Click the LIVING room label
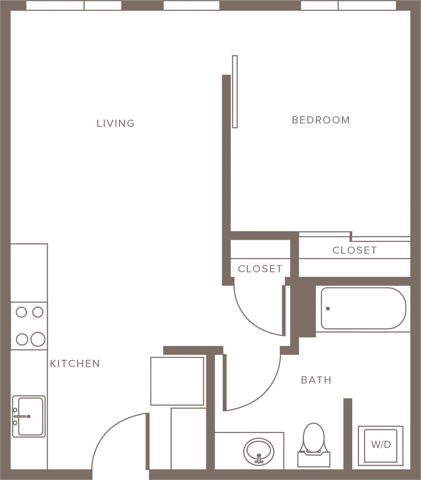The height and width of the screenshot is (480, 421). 116,123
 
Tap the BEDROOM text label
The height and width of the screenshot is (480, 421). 321,120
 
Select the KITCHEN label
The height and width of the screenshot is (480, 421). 75,364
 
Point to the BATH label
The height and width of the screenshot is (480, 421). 316,380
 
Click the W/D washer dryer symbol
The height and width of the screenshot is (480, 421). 381,445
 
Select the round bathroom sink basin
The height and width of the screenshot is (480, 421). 259,451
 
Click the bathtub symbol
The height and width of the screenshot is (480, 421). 363,308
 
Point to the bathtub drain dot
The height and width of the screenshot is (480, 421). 328,308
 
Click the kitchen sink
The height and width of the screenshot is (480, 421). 29,416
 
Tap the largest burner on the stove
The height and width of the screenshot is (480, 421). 38,339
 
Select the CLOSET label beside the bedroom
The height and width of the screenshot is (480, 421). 354,250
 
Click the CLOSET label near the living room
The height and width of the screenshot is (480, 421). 260,269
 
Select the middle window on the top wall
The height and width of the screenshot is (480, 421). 192,5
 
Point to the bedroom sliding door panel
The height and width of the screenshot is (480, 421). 235,91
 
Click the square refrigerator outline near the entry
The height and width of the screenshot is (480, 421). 177,381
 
